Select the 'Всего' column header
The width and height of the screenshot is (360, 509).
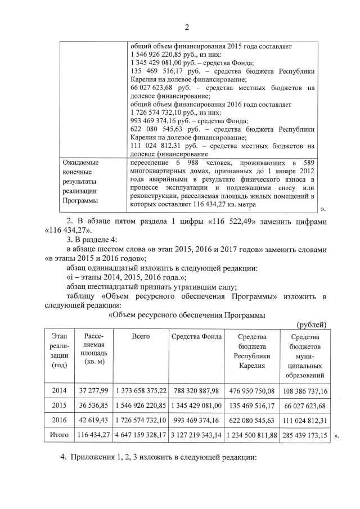(x=141, y=336)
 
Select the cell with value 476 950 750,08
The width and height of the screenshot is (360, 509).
(x=251, y=390)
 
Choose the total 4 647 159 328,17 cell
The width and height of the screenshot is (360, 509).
(x=141, y=435)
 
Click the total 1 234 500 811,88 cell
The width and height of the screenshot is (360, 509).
(x=251, y=435)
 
